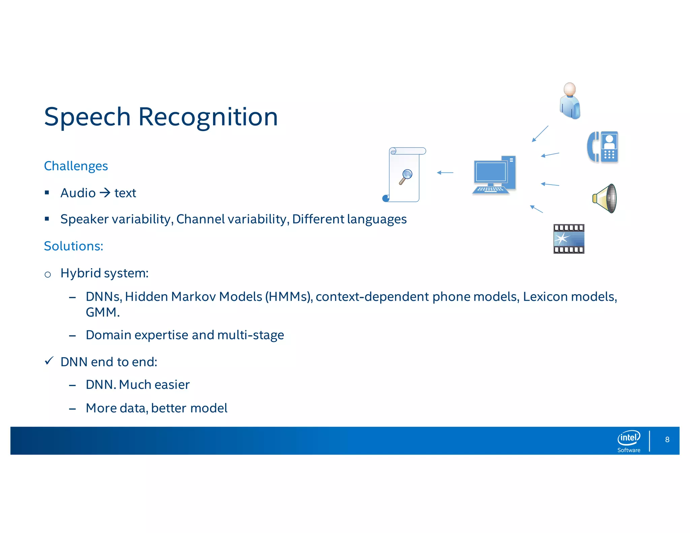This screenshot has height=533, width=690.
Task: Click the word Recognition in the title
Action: point(208,117)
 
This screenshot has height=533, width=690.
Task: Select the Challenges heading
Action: point(76,166)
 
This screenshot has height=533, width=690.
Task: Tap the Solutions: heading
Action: point(73,246)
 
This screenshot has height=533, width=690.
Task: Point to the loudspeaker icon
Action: point(605,198)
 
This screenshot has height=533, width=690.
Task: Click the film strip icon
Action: point(569,239)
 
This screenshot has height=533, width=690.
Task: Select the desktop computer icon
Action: point(494,175)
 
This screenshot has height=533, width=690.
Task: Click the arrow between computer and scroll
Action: point(445,173)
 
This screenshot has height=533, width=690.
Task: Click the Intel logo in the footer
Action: point(629,438)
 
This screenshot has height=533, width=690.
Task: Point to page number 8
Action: point(667,439)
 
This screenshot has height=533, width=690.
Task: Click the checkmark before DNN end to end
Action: point(49,361)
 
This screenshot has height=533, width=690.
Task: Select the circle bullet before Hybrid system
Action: point(48,275)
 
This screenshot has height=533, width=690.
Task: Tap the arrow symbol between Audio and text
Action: point(105,193)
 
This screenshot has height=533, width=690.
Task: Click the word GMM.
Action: point(102,312)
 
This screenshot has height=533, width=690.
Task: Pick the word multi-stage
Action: point(250,335)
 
